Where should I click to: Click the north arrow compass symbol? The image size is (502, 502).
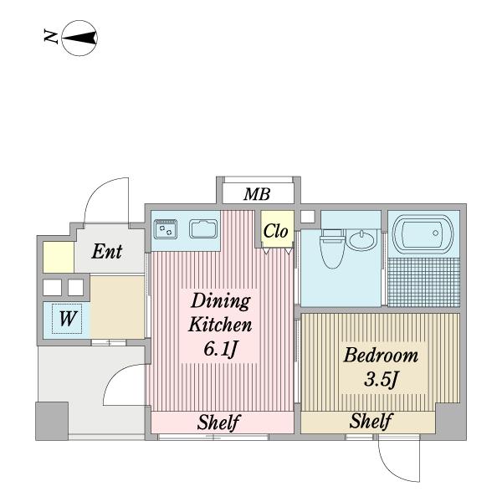(79, 38)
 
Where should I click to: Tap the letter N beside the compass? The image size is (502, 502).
(50, 37)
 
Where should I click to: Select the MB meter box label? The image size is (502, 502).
(257, 194)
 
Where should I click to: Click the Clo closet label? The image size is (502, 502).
(275, 231)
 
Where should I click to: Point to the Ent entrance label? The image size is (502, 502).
(107, 252)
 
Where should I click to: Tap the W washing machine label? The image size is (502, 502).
(68, 319)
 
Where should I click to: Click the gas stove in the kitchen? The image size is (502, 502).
(165, 229)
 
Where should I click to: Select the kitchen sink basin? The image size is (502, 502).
(203, 229)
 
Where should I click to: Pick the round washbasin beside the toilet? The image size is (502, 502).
(362, 240)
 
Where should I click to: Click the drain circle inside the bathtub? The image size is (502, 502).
(435, 233)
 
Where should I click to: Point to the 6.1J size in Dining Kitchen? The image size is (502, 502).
(221, 349)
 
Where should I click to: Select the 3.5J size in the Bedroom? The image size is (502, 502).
(381, 380)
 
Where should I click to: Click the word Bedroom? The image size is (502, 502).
(381, 356)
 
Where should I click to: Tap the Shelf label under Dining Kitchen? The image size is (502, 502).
(218, 423)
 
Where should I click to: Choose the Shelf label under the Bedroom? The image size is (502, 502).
(371, 421)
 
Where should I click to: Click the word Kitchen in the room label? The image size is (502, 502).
(220, 325)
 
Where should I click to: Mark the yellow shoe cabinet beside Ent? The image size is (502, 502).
(59, 258)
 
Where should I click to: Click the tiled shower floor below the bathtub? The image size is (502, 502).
(424, 282)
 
